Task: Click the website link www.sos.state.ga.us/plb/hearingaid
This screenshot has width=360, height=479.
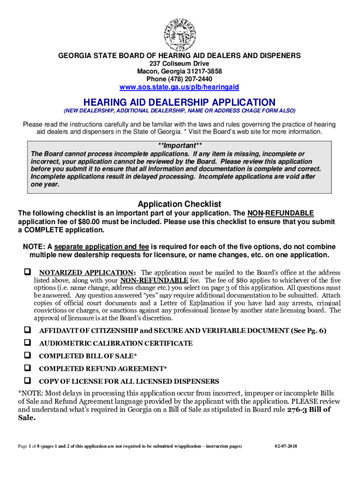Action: pos(179,87)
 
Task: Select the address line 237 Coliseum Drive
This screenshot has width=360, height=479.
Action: pos(179,64)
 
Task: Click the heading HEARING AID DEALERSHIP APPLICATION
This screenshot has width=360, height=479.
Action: pos(179,102)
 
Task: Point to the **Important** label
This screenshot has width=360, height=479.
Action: pos(180,145)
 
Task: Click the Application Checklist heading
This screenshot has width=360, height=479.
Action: pos(179,204)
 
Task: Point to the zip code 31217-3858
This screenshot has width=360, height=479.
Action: pos(201,71)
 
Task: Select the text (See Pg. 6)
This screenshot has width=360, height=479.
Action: pos(309,331)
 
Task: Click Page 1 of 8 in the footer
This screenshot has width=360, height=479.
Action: pos(29,446)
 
